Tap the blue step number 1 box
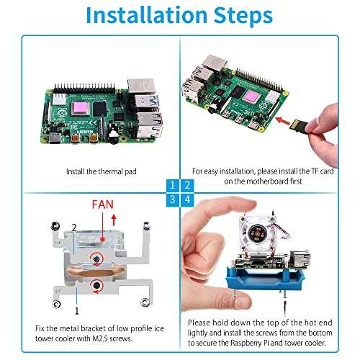coord(172,185)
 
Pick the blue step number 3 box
coord(172,199)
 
